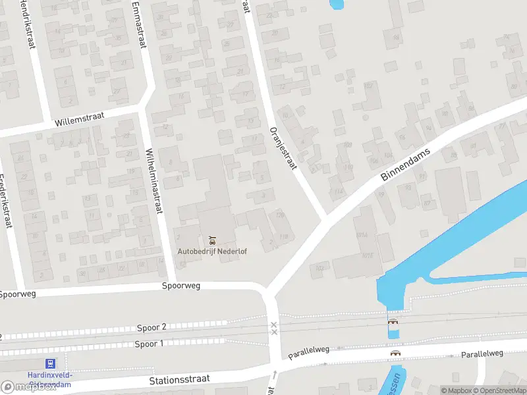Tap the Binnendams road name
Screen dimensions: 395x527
405,165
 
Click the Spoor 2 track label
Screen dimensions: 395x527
152,327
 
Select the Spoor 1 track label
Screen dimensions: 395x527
150,344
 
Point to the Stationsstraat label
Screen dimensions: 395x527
180,379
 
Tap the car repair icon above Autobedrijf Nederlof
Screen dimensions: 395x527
211,238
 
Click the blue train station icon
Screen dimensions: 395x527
49,363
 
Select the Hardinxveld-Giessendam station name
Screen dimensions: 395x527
49,378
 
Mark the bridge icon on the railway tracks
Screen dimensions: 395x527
393,322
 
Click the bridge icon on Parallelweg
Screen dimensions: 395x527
396,353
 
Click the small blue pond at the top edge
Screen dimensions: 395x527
336,4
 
